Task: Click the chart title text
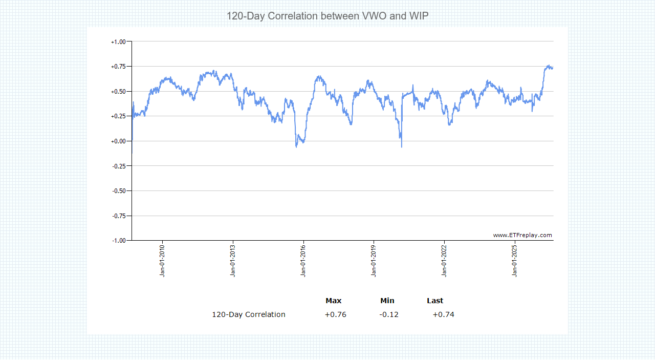coord(327,16)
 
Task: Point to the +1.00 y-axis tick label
coord(118,42)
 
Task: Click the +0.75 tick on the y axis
coord(118,67)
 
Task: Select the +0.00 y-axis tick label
coord(118,141)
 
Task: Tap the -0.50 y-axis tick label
coord(119,191)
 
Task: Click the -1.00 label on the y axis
coord(119,241)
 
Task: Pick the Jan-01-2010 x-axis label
coord(162,261)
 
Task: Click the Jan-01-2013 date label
coord(233,261)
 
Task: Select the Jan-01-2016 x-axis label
coord(303,261)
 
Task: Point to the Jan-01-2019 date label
coord(374,261)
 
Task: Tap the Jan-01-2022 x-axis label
coord(444,261)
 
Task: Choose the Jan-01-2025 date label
coord(515,261)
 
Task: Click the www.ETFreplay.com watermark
coord(522,235)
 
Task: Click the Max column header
coord(333,301)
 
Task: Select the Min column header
coord(387,301)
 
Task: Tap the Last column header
coord(435,301)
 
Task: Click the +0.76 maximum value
coord(335,314)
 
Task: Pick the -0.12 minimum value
coord(389,314)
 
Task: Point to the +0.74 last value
coord(443,314)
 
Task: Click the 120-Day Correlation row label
coord(249,314)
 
